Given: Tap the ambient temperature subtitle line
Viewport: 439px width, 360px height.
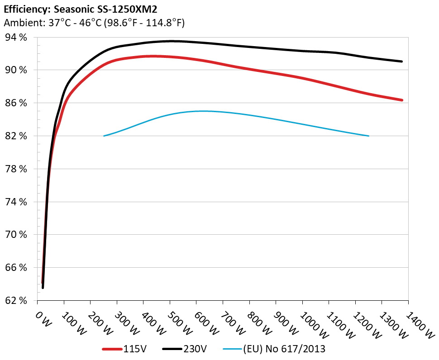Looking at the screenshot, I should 94,22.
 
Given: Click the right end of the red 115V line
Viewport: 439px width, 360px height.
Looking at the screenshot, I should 402,100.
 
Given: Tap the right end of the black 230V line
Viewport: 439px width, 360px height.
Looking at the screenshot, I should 402,62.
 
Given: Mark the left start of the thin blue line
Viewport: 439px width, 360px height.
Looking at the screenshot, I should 104,136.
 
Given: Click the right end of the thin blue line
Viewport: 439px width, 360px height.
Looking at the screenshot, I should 369,136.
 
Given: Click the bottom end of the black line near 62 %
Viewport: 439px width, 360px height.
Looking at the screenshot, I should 43,287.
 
